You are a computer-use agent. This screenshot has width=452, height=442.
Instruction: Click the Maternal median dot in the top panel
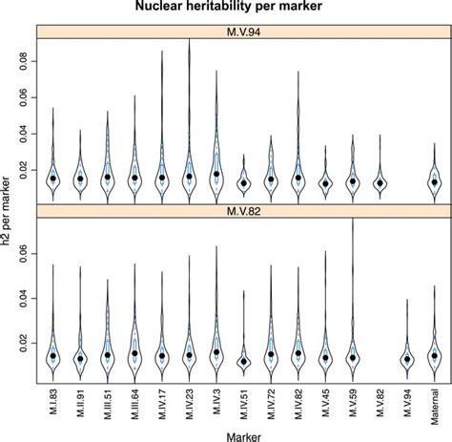tap(435, 181)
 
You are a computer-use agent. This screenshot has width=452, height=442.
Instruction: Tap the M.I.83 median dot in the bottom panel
tap(53, 356)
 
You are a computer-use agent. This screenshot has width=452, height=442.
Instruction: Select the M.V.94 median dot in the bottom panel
tap(408, 359)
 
